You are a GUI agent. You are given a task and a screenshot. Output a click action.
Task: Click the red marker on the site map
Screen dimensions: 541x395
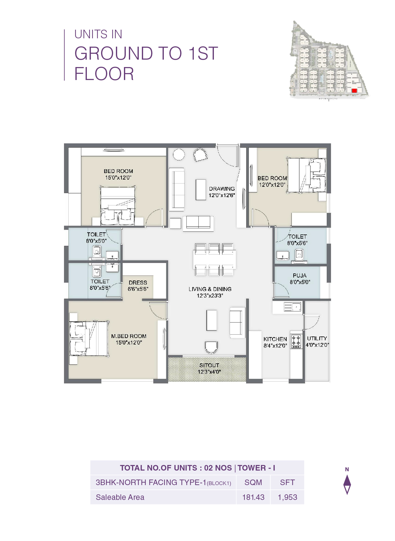tap(354, 91)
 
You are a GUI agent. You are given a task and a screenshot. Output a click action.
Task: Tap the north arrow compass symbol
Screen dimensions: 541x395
tap(347, 484)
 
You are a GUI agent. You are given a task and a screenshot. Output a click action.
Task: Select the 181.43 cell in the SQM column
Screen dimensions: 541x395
tap(253, 497)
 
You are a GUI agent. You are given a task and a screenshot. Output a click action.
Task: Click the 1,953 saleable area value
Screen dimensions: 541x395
tap(287, 497)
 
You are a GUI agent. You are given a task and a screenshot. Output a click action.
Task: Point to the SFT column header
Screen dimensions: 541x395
tap(287, 482)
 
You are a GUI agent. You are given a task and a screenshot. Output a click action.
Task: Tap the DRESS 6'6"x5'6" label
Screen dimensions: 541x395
tap(138, 285)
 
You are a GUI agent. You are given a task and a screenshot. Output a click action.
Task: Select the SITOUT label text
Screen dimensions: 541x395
tap(209, 365)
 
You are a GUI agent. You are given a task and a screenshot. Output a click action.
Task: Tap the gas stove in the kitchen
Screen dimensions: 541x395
tap(296, 341)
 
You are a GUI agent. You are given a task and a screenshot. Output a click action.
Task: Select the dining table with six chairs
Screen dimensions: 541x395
tap(214, 259)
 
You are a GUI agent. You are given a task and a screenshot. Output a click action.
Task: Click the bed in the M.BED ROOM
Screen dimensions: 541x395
tap(89, 338)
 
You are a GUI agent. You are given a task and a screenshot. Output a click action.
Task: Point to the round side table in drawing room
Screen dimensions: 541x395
tap(179, 154)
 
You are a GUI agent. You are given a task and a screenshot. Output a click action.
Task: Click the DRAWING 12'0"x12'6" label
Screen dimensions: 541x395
tap(222, 192)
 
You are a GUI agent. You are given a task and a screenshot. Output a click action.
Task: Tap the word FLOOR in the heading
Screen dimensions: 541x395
tap(104, 74)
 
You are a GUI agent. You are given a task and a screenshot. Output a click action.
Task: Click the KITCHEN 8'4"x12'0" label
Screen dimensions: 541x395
tap(275, 342)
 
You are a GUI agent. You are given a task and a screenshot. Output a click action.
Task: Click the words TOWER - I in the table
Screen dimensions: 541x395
tap(256, 468)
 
